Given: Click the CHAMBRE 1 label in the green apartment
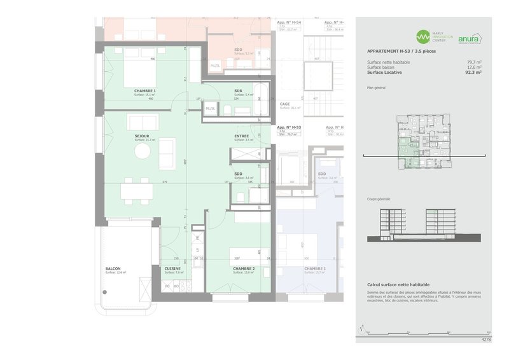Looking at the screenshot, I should point(144,91).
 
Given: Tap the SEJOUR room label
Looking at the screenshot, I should point(141,135).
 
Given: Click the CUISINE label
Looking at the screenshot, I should point(172,268).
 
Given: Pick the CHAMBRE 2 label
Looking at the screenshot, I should point(244,268).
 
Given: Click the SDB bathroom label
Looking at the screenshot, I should point(239,91).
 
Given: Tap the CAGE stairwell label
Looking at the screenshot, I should point(285,104).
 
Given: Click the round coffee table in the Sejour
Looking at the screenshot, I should point(143,151).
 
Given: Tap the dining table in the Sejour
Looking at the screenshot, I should point(137,190).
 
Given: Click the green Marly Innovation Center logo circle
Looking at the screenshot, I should point(423,36).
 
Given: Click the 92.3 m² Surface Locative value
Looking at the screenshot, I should point(472,73).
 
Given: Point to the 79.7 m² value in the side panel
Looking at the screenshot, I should point(474,62).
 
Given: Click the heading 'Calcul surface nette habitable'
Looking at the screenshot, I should point(398,285).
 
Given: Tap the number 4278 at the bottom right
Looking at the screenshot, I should point(487,340).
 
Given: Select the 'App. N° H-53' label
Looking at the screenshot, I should point(288,128).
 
